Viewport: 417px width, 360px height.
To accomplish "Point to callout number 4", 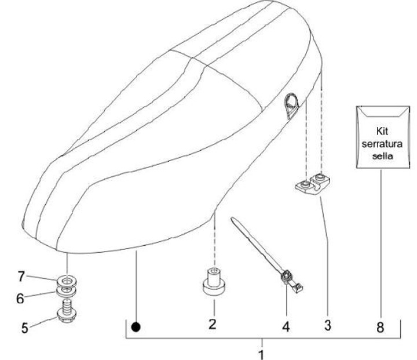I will [x=286, y=326].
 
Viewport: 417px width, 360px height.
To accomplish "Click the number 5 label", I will [x=25, y=328].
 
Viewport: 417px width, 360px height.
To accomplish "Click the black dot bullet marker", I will [x=136, y=327].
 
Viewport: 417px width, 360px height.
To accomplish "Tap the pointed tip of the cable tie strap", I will [x=233, y=220].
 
